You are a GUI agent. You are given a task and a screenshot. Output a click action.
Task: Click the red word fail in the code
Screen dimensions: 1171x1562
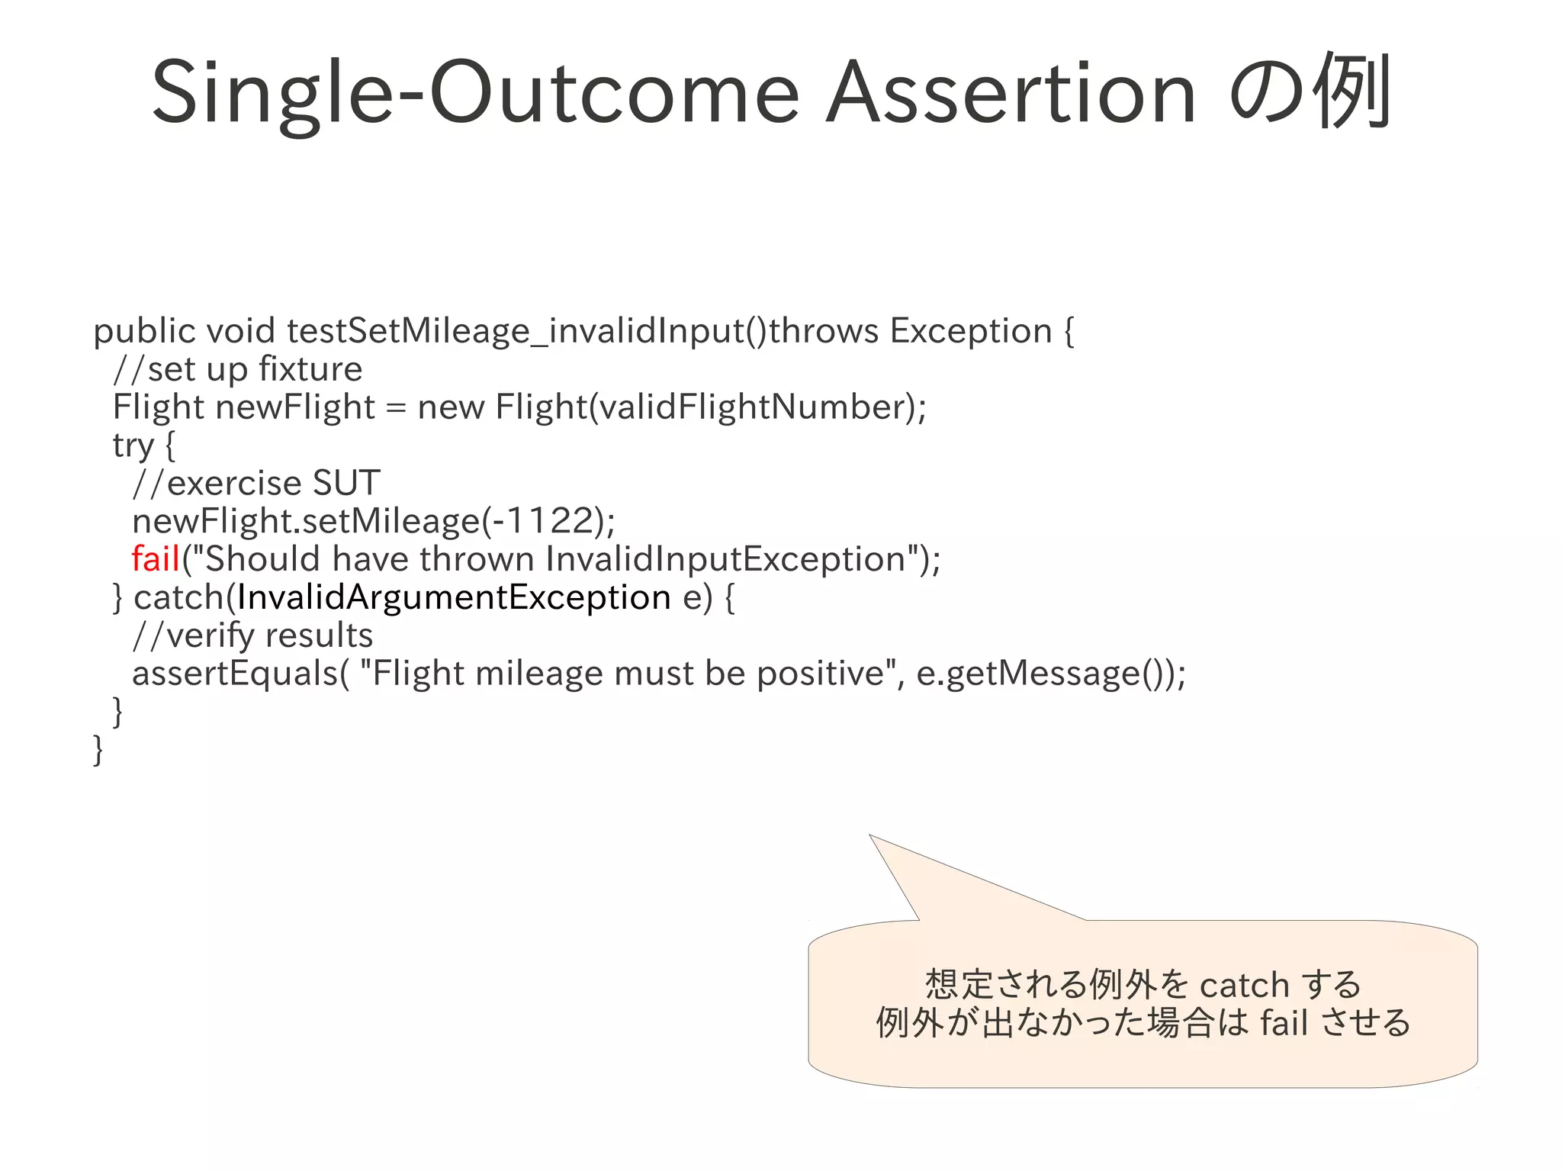[x=155, y=559]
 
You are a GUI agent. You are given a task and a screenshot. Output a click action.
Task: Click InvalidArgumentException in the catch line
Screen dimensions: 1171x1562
[x=453, y=597]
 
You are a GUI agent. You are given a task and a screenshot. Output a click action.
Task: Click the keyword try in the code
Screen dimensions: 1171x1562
[x=133, y=446]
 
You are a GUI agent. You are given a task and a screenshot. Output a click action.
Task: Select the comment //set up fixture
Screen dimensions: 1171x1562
[x=237, y=369]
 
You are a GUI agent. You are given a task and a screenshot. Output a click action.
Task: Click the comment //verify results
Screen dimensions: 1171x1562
[x=252, y=635]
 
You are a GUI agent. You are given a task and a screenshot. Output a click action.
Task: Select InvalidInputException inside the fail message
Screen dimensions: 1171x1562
[x=725, y=559]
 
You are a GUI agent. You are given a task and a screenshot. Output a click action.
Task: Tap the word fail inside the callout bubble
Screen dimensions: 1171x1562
[x=1284, y=1023]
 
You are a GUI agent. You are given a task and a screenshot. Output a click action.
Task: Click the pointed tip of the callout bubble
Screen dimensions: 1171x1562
[x=871, y=837]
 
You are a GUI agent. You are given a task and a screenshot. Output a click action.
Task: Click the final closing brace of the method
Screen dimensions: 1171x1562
[x=98, y=750]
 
